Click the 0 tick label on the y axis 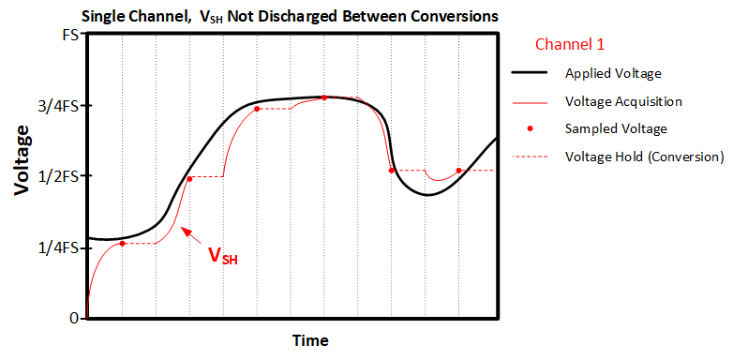click(72, 319)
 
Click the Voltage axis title click(21, 164)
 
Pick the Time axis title click(309, 339)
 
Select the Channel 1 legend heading click(569, 44)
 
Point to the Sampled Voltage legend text click(616, 128)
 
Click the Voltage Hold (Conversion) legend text click(644, 156)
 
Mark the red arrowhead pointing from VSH click(185, 230)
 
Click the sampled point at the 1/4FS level click(122, 244)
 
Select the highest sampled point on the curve click(324, 97)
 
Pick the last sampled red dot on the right click(458, 171)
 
